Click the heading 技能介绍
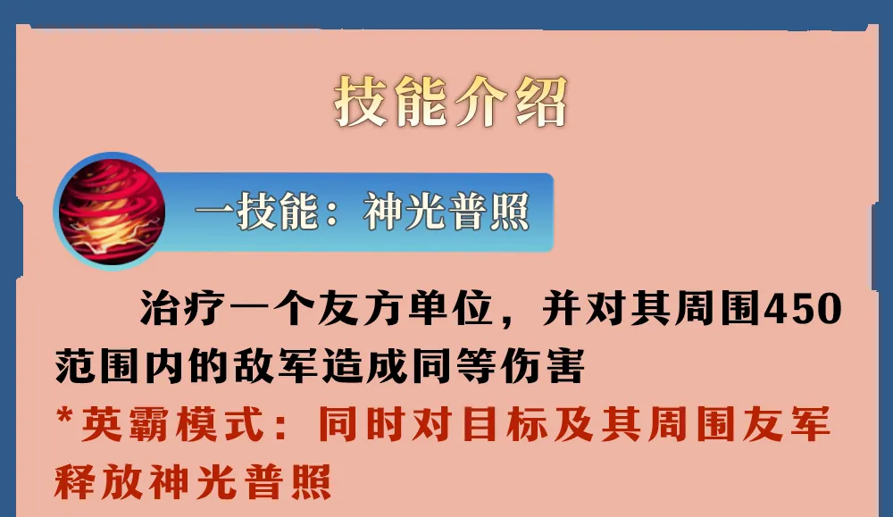[x=450, y=103]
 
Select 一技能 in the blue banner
[x=256, y=212]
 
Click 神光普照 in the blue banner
[x=446, y=212]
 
